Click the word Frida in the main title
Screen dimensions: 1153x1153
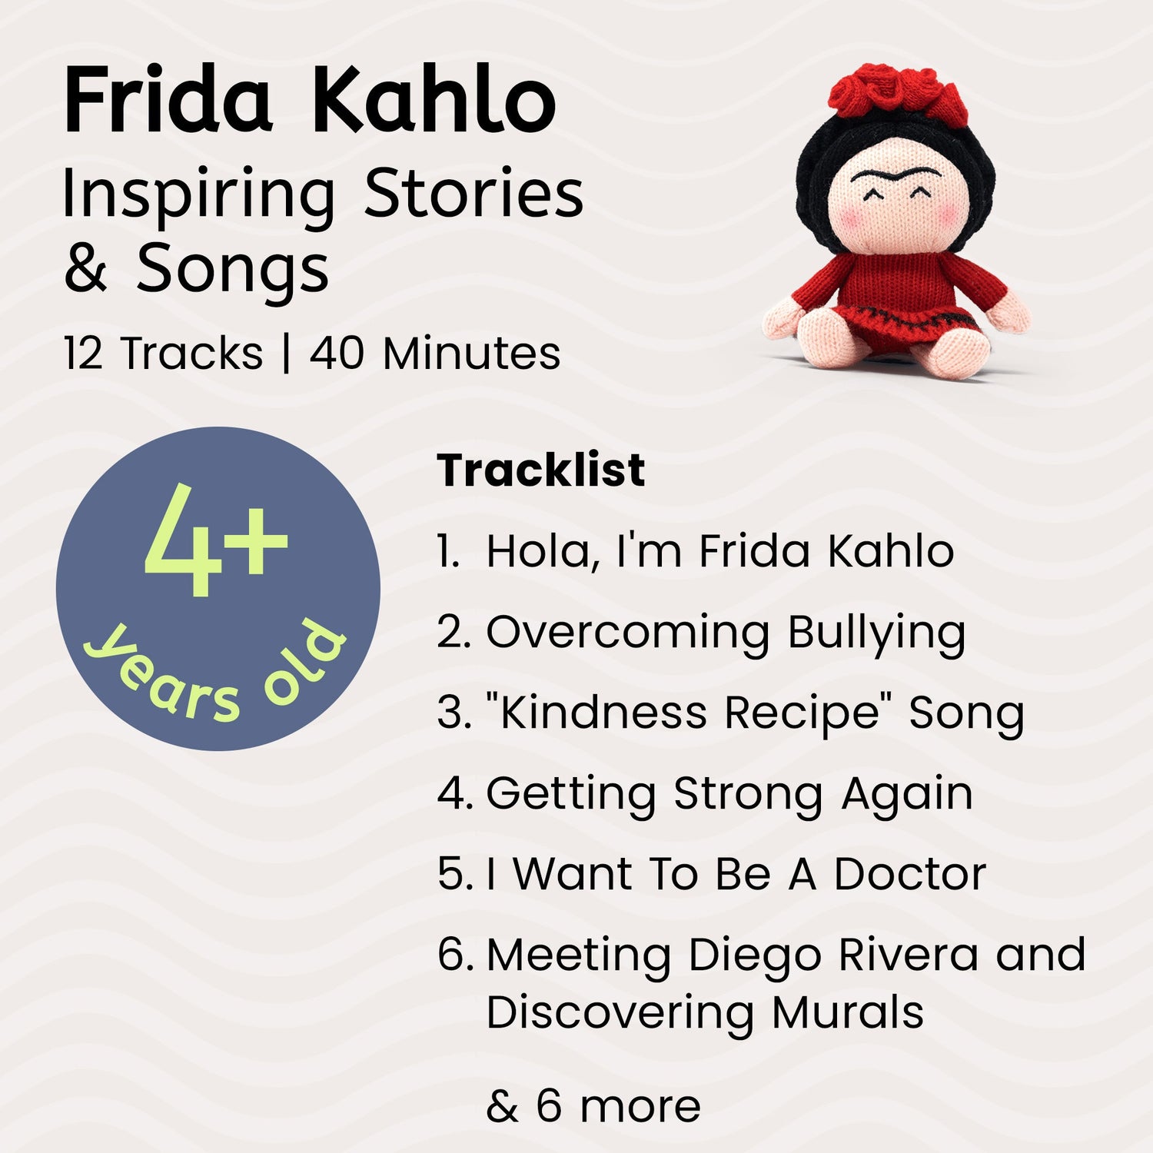(x=168, y=101)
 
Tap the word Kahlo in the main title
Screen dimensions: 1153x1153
(x=433, y=101)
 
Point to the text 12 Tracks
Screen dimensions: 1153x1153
(x=163, y=354)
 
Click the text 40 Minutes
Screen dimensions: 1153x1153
(x=435, y=354)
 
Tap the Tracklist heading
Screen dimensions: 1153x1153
(x=540, y=470)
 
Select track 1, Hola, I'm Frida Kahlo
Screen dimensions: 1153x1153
(x=696, y=551)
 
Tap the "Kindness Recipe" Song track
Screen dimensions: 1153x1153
(x=730, y=713)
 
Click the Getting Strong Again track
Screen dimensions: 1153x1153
(x=705, y=794)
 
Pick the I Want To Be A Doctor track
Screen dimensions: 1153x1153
(x=711, y=875)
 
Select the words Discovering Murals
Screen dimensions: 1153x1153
(x=705, y=1012)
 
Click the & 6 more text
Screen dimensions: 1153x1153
(x=593, y=1106)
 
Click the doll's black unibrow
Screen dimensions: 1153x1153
(x=895, y=177)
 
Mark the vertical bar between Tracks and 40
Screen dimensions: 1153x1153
(x=287, y=354)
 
